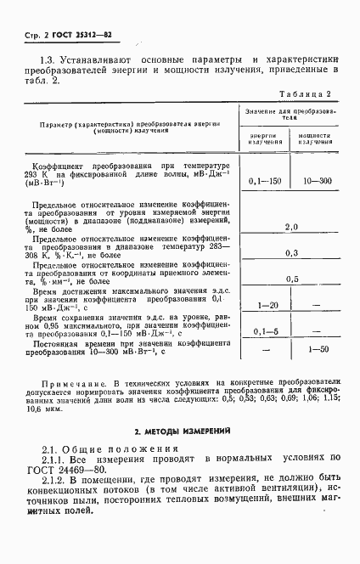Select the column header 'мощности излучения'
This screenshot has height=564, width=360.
pos(315,139)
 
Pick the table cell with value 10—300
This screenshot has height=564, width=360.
pos(315,182)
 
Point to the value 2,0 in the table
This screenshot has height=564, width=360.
pos(292,227)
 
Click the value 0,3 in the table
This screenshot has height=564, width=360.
pos(292,253)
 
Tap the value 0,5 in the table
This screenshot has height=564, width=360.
pos(292,279)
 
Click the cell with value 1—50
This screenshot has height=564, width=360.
pos(315,349)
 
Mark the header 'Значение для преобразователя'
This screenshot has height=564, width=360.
pos(291,115)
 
